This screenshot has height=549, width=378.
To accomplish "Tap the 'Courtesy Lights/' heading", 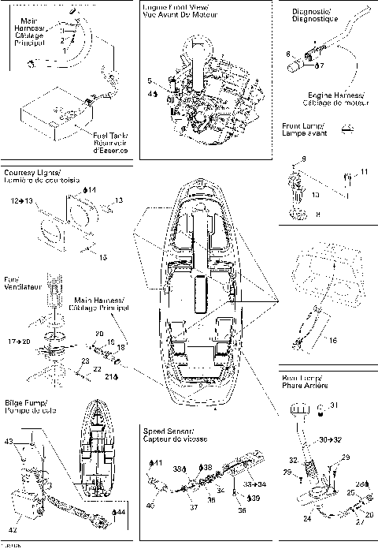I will click(x=31, y=171).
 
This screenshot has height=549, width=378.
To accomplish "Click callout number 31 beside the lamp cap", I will click(x=333, y=405).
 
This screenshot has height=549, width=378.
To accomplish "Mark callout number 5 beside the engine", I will click(x=150, y=80).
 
